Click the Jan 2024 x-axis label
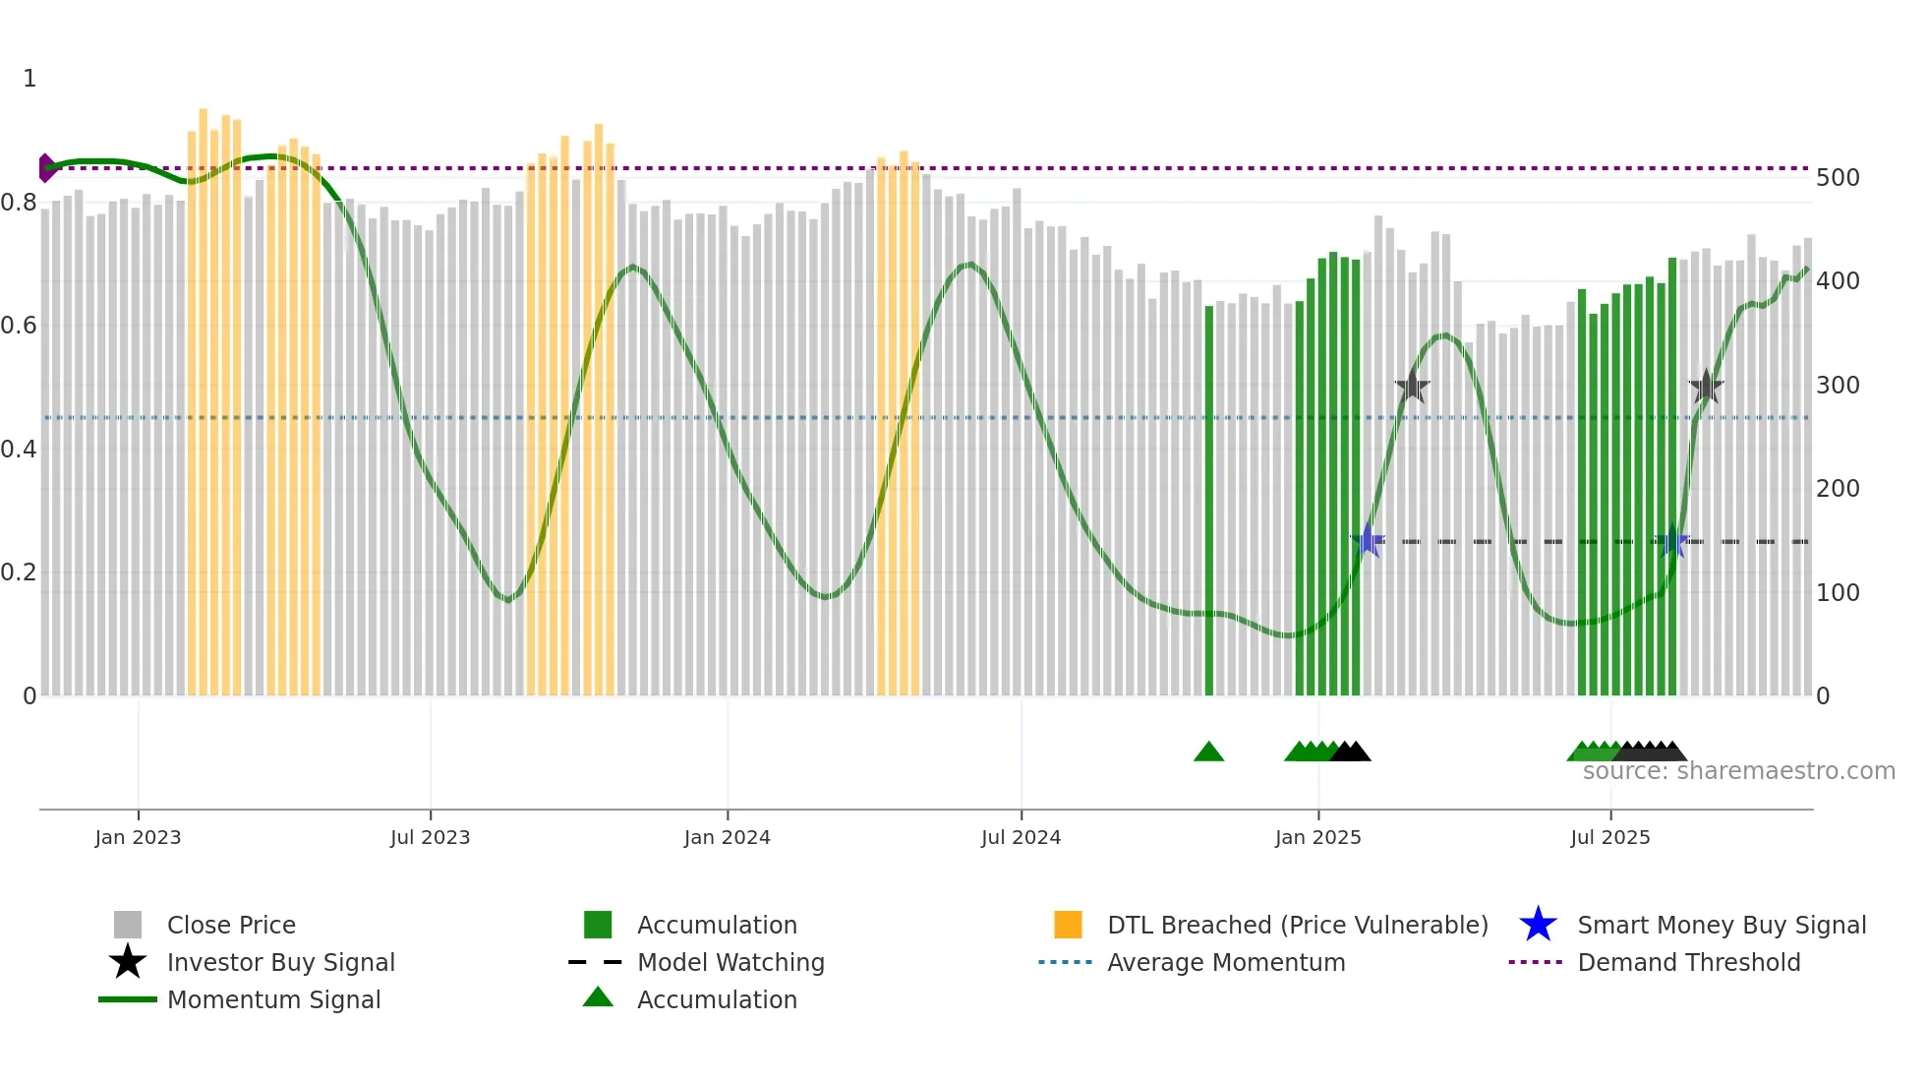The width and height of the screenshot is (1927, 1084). [x=727, y=837]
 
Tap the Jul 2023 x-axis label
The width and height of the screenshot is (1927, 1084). [x=430, y=837]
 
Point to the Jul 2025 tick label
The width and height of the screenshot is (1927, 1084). [x=1609, y=837]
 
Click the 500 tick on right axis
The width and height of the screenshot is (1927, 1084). [x=1838, y=178]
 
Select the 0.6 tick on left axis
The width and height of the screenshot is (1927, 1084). [x=19, y=326]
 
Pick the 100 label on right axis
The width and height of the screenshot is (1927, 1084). [x=1838, y=593]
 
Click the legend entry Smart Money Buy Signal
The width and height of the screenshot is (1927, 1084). [x=1721, y=926]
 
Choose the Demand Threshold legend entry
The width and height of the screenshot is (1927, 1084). [x=1688, y=963]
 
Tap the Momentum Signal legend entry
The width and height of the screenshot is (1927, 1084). [x=273, y=1000]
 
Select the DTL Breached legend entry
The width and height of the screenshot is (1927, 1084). [x=1297, y=926]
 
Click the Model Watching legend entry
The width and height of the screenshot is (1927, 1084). [x=730, y=963]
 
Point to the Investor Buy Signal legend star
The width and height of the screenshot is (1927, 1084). [x=128, y=962]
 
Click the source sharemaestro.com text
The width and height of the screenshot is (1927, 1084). [x=1738, y=771]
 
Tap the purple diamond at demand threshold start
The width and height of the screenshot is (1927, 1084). [x=45, y=168]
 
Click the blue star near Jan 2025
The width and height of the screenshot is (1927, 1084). [x=1368, y=541]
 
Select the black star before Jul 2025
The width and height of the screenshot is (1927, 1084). [x=1412, y=387]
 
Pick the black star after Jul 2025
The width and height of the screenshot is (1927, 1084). [x=1706, y=387]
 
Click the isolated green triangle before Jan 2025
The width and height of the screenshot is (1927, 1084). [x=1208, y=753]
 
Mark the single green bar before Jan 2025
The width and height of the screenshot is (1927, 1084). [x=1209, y=502]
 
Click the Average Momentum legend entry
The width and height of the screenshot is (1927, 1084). [x=1225, y=963]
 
